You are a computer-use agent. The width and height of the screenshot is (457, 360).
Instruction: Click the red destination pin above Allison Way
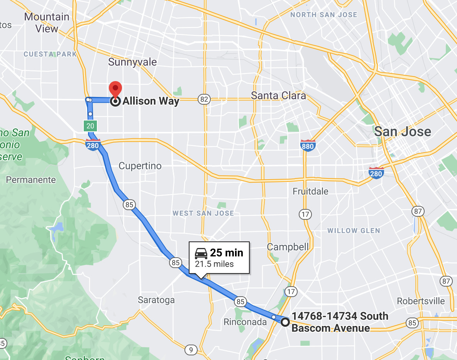coord(115,89)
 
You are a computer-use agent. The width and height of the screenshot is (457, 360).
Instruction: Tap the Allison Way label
coord(151,102)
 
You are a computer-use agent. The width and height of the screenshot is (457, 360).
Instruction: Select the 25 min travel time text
coord(227,253)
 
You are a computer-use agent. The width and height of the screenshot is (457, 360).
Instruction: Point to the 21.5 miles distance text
coord(214,264)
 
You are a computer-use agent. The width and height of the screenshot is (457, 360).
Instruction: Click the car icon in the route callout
coord(201,253)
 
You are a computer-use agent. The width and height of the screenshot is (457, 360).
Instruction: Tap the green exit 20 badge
coord(90,126)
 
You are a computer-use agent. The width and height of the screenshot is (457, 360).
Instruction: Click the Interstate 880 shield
coord(308,145)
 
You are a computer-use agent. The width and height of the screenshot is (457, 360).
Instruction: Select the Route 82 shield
coord(204,100)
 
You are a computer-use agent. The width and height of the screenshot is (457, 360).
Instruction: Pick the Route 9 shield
coord(191,350)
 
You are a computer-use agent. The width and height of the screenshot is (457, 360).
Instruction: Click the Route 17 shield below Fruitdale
coord(305,214)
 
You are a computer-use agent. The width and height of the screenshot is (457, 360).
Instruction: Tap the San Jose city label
coord(403,132)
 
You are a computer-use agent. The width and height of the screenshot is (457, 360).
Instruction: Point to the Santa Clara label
coord(278,95)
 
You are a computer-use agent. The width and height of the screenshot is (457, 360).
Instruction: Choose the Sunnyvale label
coord(132,62)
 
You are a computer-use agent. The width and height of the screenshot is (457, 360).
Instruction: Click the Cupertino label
coord(140,166)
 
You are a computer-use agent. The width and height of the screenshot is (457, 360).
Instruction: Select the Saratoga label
coord(156,300)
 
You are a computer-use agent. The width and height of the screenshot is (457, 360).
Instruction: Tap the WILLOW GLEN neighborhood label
coord(354,231)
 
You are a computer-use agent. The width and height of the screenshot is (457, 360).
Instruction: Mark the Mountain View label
coord(47,22)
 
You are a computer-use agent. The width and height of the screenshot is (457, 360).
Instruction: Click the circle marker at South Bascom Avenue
coord(285,322)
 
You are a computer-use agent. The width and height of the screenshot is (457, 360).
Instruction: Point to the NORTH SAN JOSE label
coord(323,15)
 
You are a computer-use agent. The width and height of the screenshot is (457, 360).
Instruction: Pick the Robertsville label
coord(421,301)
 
